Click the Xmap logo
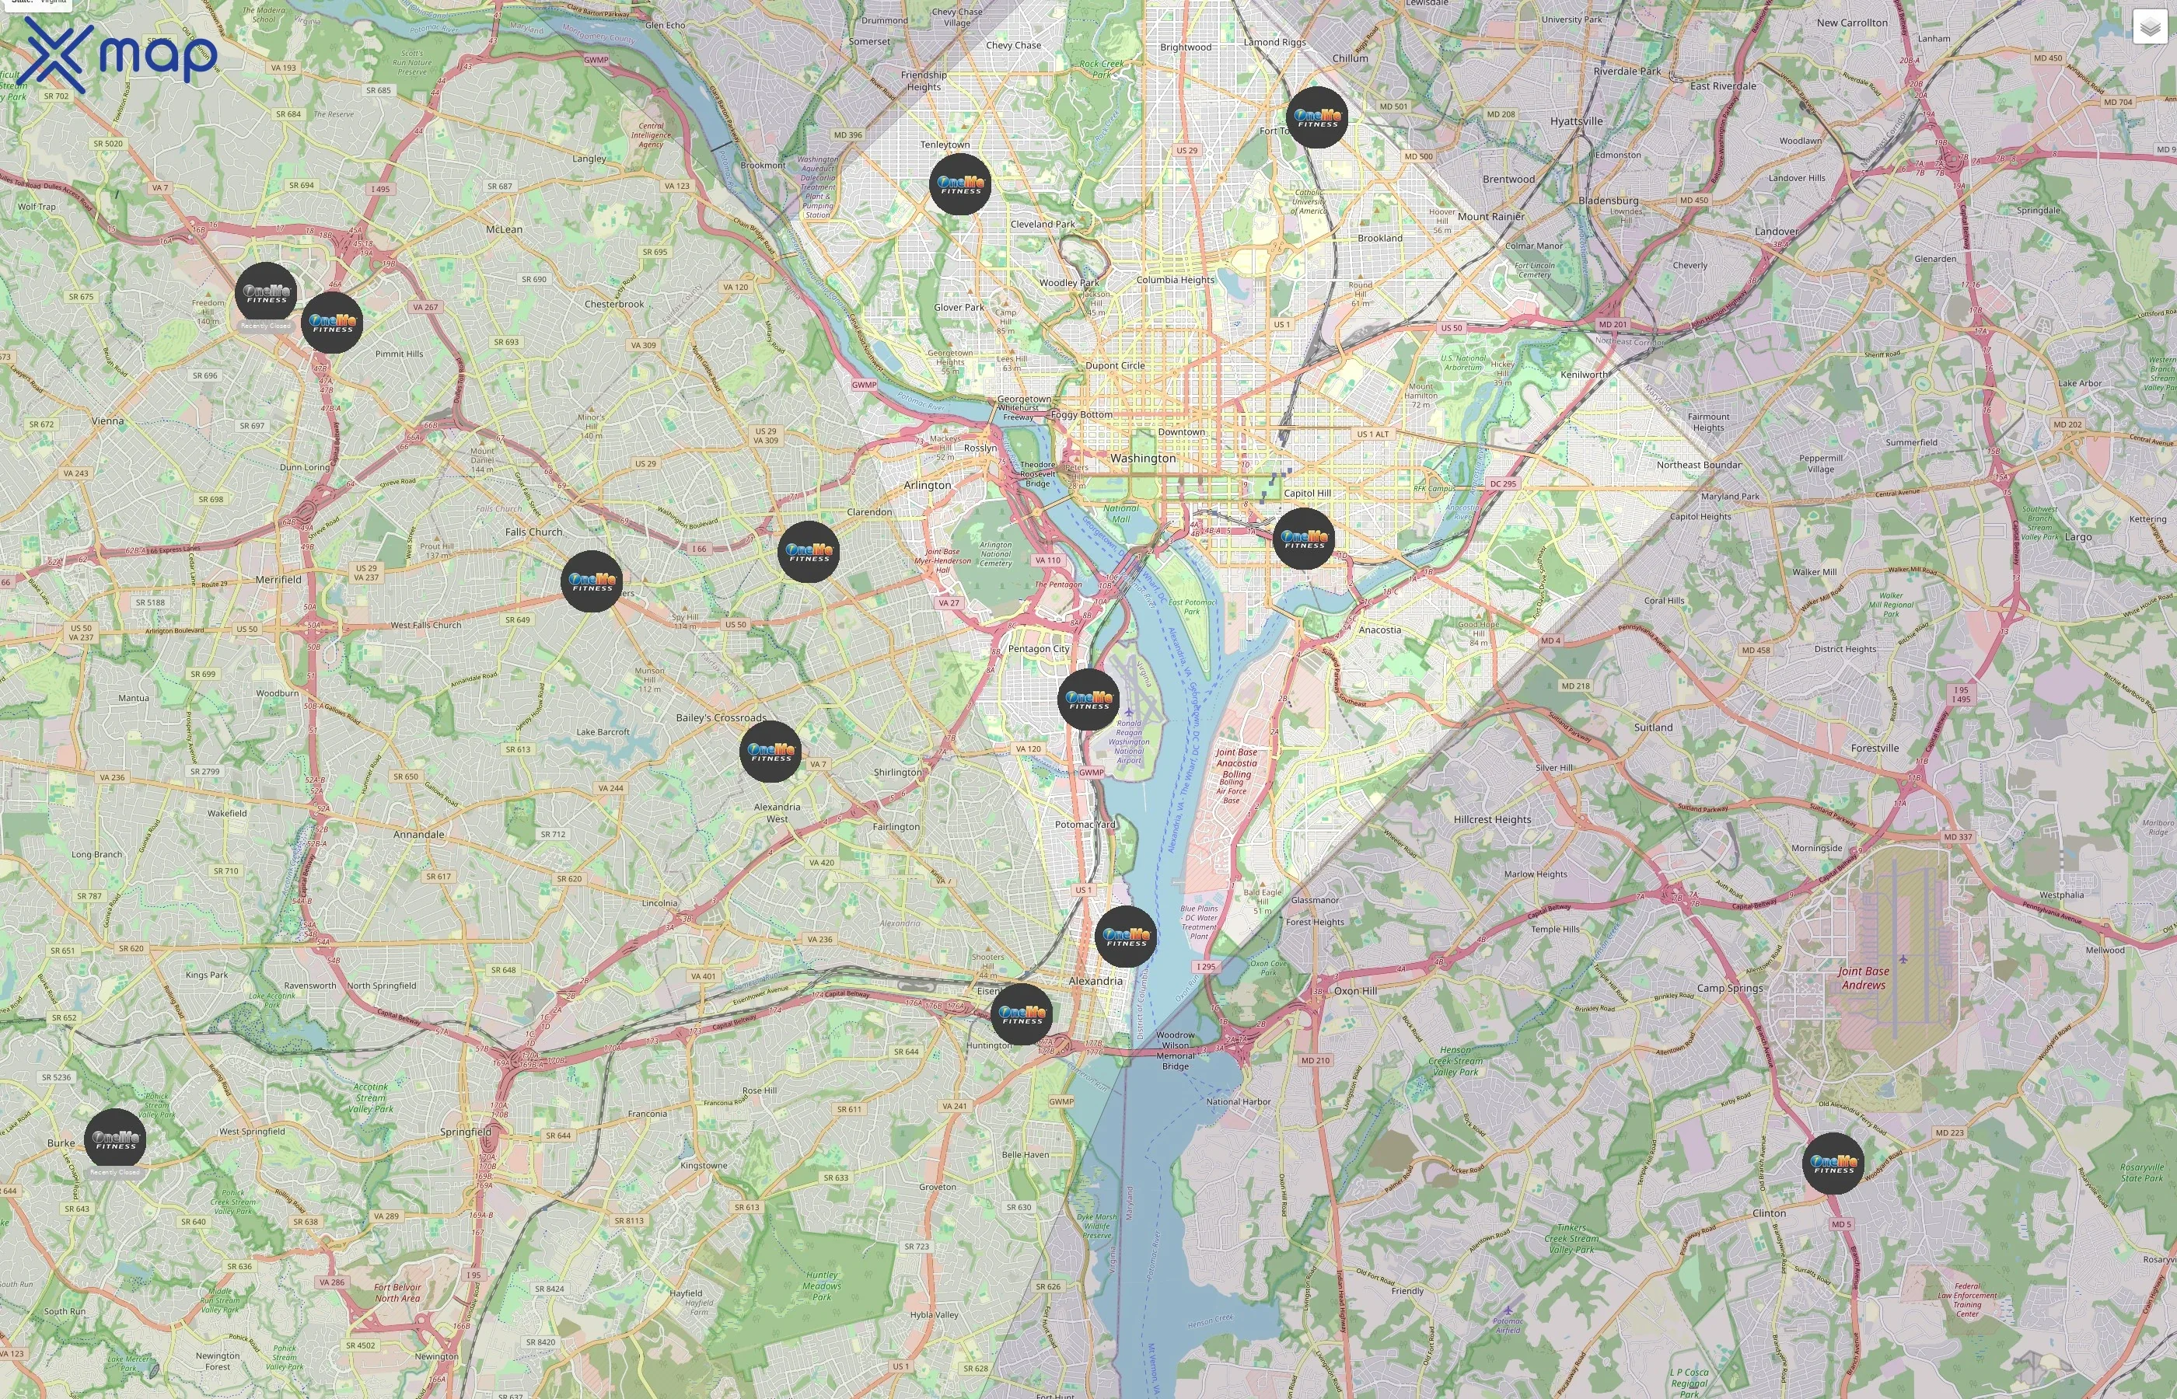pyautogui.click(x=120, y=54)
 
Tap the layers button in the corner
pyautogui.click(x=2149, y=27)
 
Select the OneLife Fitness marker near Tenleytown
pyautogui.click(x=960, y=184)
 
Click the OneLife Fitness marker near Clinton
pyautogui.click(x=1833, y=1163)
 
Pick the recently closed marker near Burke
pyautogui.click(x=115, y=1139)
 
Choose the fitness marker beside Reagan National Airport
pyautogui.click(x=1088, y=699)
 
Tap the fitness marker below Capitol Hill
pyautogui.click(x=1304, y=539)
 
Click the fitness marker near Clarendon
pyautogui.click(x=809, y=551)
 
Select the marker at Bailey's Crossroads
pyautogui.click(x=771, y=752)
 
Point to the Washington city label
pyautogui.click(x=1142, y=459)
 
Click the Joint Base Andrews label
pyautogui.click(x=1863, y=978)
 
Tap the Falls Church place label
pyautogui.click(x=533, y=532)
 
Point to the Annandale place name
pyautogui.click(x=419, y=834)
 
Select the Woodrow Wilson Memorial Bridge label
pyautogui.click(x=1175, y=1050)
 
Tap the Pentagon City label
pyautogui.click(x=1039, y=649)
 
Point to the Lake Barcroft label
pyautogui.click(x=603, y=732)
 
